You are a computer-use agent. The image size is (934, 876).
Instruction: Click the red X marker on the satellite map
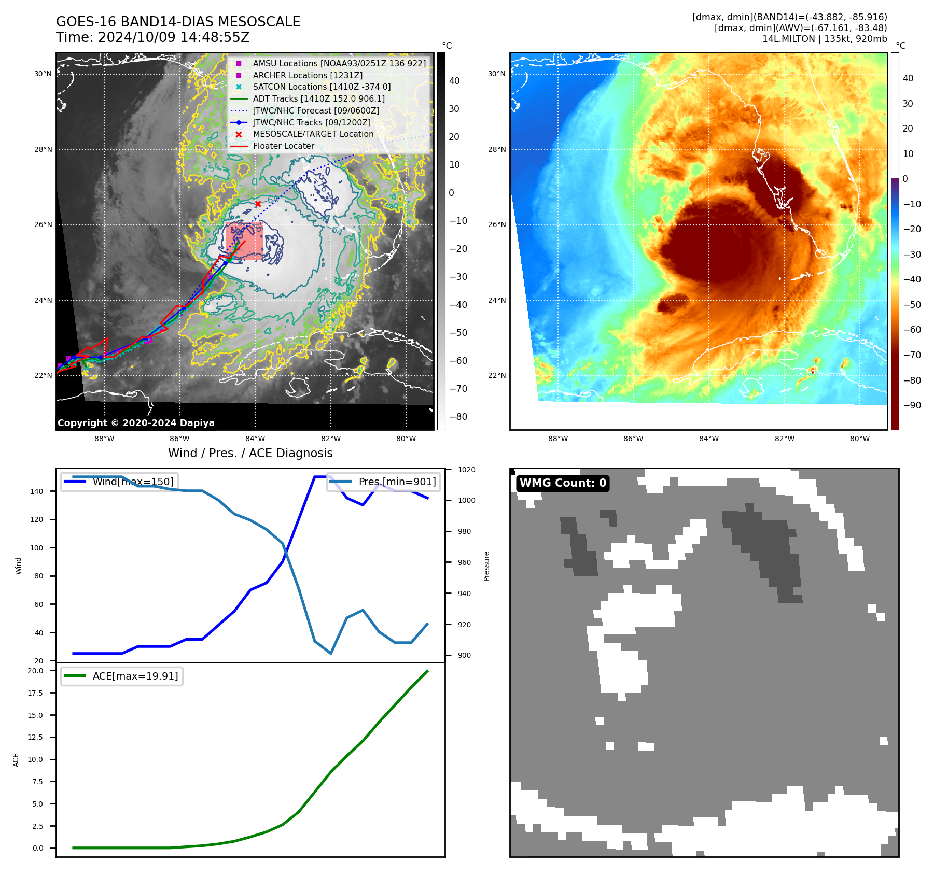258,204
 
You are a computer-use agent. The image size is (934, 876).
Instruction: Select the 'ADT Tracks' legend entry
318,98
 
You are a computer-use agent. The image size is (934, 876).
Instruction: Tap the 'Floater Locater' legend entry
283,146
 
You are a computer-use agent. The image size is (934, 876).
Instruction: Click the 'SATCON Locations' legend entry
322,87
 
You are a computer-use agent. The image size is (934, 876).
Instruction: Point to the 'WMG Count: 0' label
563,483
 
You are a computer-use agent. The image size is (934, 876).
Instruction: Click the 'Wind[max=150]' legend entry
133,482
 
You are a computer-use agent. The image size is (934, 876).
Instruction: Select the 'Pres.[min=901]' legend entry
397,482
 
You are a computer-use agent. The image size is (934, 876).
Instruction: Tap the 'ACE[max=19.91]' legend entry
135,676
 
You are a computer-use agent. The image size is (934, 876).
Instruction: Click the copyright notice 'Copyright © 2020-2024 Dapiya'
136,423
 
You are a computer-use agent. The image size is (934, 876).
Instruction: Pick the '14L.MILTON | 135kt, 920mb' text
825,39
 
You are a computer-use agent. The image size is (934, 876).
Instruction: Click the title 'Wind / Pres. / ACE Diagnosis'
250,453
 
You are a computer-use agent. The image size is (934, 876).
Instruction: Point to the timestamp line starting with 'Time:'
153,37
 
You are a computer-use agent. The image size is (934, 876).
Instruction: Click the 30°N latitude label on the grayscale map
43,74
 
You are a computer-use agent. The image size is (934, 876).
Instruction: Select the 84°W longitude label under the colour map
709,439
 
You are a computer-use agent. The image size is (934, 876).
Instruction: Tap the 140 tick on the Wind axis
37,491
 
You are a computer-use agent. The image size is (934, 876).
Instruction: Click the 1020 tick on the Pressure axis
467,470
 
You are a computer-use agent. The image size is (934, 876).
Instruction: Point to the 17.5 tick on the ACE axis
35,693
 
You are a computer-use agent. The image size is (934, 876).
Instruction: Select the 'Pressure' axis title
486,566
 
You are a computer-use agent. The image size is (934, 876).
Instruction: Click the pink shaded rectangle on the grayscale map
244,241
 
